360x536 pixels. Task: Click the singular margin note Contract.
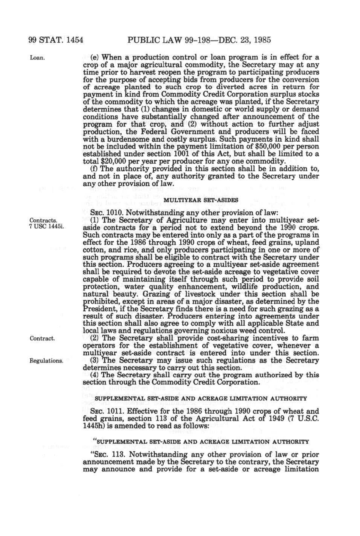42,338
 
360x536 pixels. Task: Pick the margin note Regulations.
46,361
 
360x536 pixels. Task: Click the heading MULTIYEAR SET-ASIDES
200,200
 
